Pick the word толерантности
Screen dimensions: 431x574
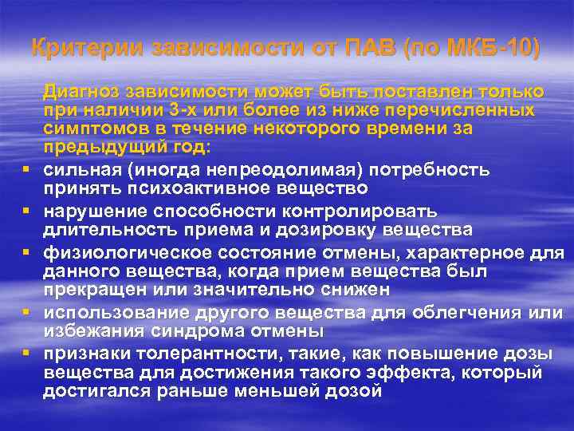click(180, 352)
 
